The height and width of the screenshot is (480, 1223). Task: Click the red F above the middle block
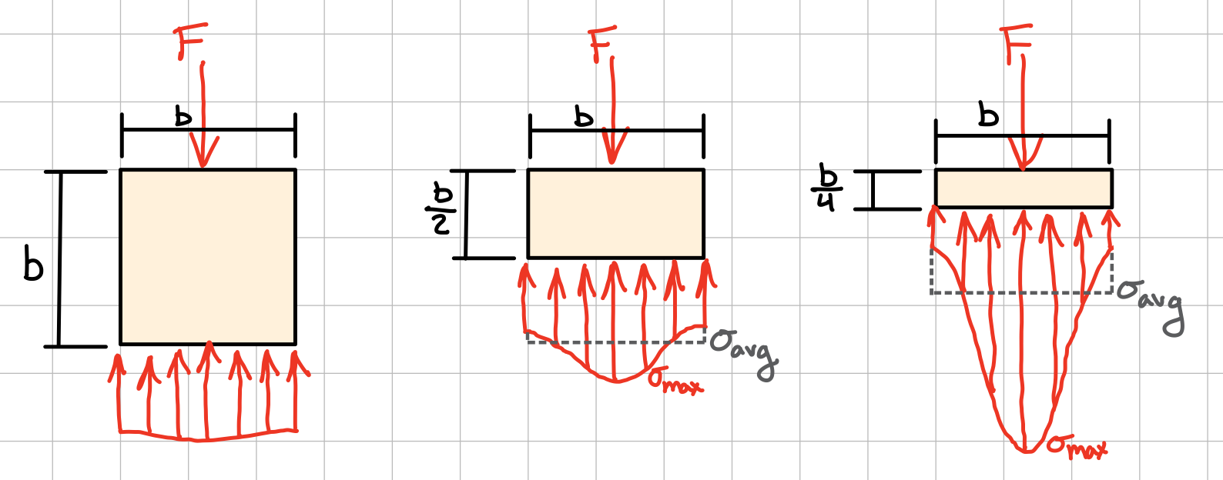pyautogui.click(x=601, y=43)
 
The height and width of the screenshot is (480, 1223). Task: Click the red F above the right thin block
pyautogui.click(x=1016, y=42)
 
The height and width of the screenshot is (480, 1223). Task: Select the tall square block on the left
pyautogui.click(x=208, y=257)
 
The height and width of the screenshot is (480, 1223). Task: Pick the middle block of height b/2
pyautogui.click(x=616, y=213)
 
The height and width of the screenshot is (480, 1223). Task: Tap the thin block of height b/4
pyautogui.click(x=1024, y=188)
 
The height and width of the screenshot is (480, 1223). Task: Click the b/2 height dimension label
pyautogui.click(x=441, y=211)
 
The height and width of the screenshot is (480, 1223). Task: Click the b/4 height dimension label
pyautogui.click(x=826, y=187)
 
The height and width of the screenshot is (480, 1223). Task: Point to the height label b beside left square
pyautogui.click(x=33, y=263)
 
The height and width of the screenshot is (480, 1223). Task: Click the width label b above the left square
pyautogui.click(x=183, y=117)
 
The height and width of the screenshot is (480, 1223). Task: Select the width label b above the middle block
pyautogui.click(x=584, y=117)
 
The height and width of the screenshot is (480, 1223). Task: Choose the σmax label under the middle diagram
pyautogui.click(x=675, y=381)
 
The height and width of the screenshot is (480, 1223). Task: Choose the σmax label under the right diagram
pyautogui.click(x=1077, y=446)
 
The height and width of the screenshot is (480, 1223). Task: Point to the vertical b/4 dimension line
pyautogui.click(x=873, y=190)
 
